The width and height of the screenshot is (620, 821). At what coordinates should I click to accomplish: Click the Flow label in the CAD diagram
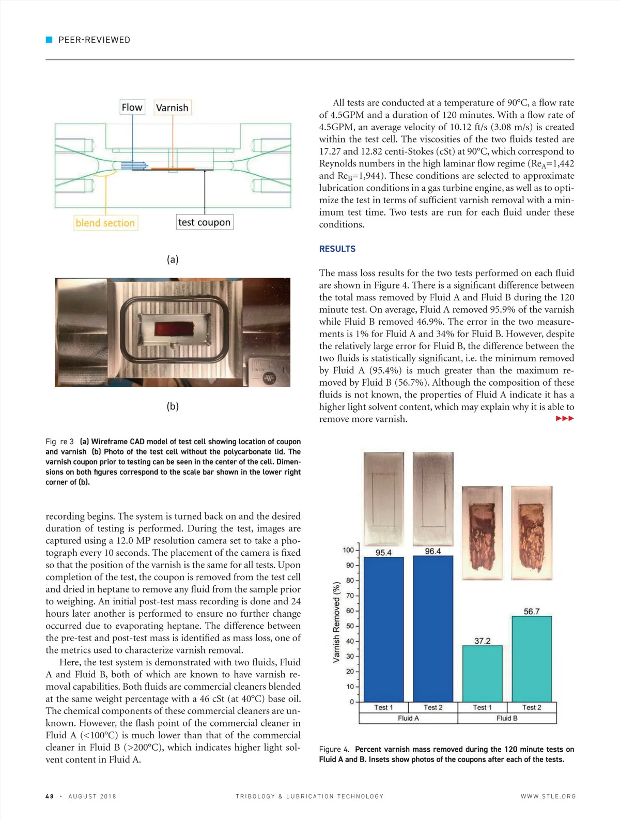(x=132, y=107)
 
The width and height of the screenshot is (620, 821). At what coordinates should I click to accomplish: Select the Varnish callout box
(x=172, y=108)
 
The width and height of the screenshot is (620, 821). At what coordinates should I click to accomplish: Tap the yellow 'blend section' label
(x=105, y=223)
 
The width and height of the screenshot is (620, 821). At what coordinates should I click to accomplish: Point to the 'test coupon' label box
(x=204, y=222)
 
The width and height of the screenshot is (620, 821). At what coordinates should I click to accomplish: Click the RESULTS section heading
(x=337, y=249)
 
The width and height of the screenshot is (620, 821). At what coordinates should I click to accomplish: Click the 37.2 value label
(x=482, y=641)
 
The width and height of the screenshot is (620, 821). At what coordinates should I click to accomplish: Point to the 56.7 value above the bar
(x=532, y=612)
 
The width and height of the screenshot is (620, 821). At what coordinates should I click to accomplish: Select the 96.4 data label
(x=433, y=551)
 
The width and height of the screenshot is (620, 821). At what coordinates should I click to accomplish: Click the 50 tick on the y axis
(x=350, y=626)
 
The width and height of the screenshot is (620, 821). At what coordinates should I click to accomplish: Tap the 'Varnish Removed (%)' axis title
(x=337, y=622)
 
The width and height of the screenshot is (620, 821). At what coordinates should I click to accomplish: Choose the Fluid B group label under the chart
(x=507, y=718)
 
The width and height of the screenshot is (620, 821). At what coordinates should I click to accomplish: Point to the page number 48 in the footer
(x=50, y=796)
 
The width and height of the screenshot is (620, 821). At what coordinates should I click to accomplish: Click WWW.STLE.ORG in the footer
(x=548, y=796)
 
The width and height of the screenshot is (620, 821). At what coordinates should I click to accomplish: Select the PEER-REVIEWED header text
(x=94, y=40)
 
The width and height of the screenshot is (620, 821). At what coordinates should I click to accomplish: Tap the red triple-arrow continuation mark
(x=565, y=418)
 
